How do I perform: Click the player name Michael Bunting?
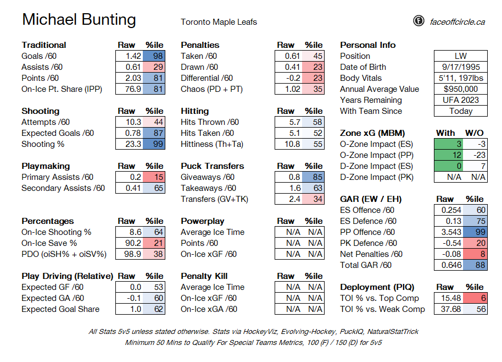tap(79, 20)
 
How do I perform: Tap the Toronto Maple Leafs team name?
tap(219, 22)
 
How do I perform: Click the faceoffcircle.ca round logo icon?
tap(419, 21)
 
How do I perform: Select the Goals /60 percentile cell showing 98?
tap(154, 56)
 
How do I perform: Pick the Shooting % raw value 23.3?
tap(129, 144)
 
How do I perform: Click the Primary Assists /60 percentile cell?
tap(154, 177)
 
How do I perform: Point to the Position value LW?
tap(461, 56)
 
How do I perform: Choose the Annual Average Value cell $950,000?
tap(461, 89)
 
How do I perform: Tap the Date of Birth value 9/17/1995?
tap(461, 67)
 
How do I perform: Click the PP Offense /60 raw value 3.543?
tap(449, 232)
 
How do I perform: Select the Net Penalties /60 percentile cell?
tap(475, 254)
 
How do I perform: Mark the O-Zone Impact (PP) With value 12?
tap(449, 155)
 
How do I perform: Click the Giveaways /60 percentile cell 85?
tap(313, 177)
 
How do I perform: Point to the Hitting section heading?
tap(194, 111)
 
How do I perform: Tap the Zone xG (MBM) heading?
tap(372, 133)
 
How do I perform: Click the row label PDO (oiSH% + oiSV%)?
tap(64, 254)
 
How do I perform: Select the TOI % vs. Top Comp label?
tap(380, 298)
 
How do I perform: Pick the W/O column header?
tap(474, 133)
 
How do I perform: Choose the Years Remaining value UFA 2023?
tap(461, 100)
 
